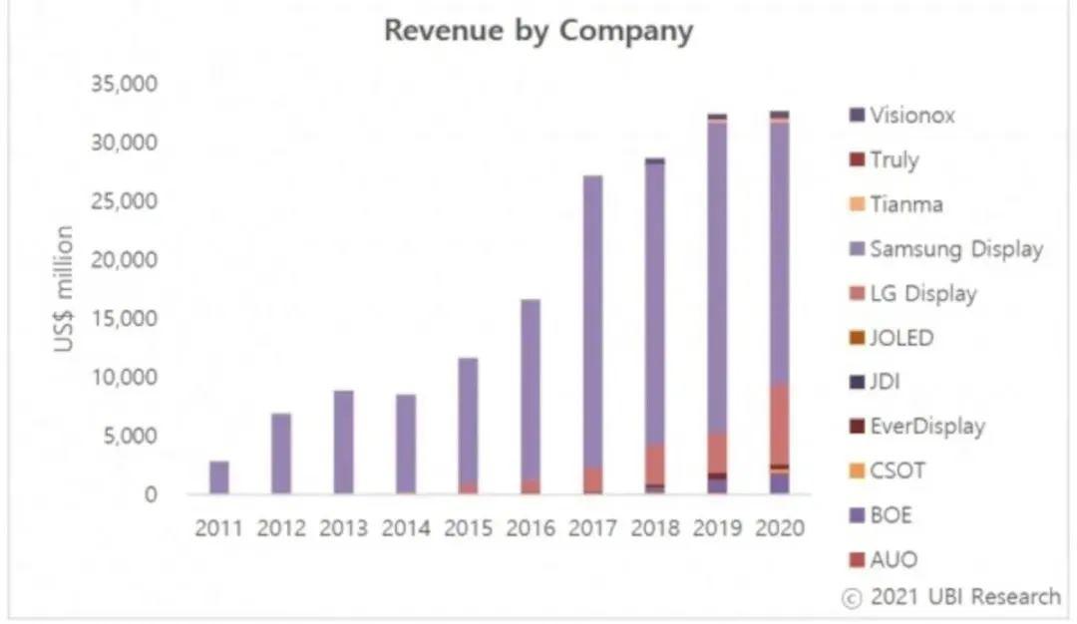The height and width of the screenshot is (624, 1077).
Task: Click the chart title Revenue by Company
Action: point(538,31)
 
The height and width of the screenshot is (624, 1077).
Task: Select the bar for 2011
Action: point(219,477)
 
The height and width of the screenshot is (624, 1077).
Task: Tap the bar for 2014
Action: point(406,445)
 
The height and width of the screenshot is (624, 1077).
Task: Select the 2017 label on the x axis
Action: point(593,527)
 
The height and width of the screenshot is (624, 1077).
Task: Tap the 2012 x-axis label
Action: point(281,527)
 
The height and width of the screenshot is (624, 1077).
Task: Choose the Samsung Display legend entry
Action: point(955,249)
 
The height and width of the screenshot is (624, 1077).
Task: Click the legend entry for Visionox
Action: point(911,116)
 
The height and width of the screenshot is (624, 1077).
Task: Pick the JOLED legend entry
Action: point(901,338)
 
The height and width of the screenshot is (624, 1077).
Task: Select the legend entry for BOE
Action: point(891,515)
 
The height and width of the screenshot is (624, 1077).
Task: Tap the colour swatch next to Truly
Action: point(855,160)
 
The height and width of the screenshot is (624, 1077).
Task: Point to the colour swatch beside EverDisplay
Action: point(855,427)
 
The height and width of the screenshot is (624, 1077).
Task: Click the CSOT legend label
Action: point(897,470)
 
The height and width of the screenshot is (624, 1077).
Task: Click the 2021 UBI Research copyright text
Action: point(952,597)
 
